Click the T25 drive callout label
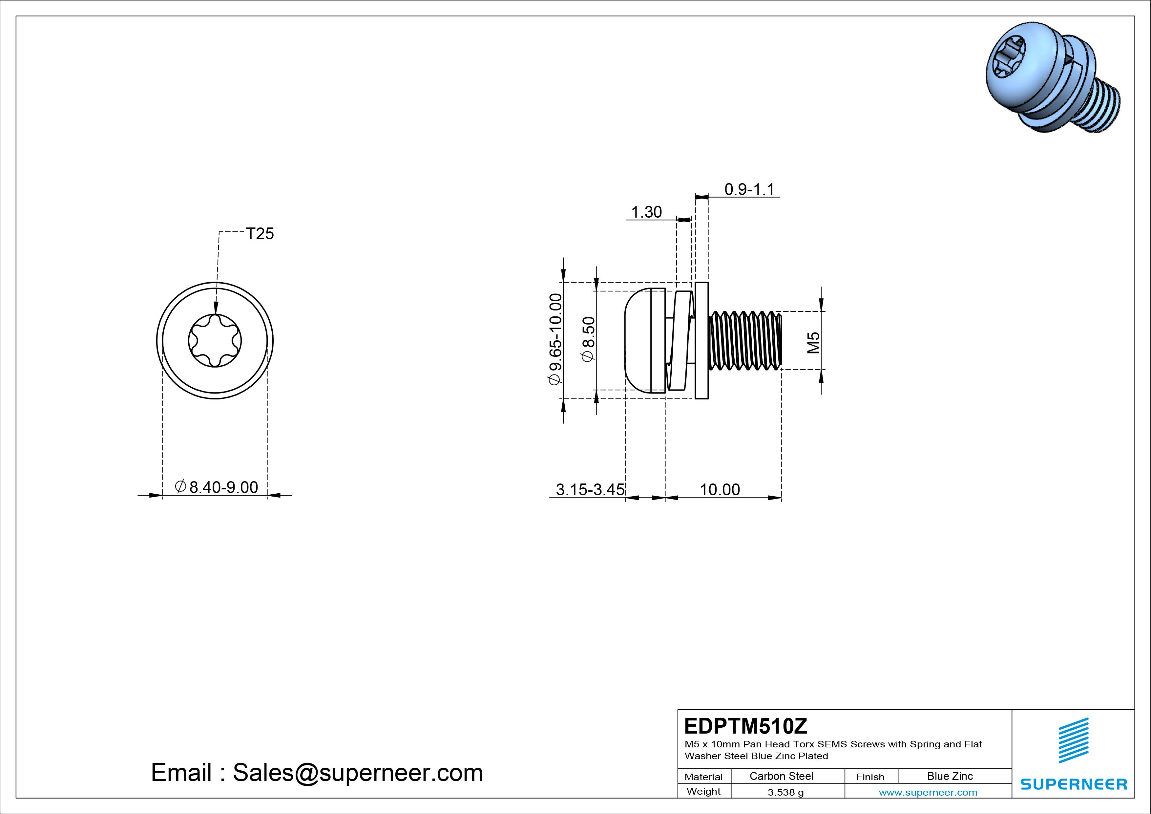point(260,234)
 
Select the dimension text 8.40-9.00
point(223,487)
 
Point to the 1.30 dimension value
point(646,212)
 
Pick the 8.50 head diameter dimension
point(588,339)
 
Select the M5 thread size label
point(813,343)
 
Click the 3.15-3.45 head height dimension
point(590,489)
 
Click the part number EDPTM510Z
point(746,726)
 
